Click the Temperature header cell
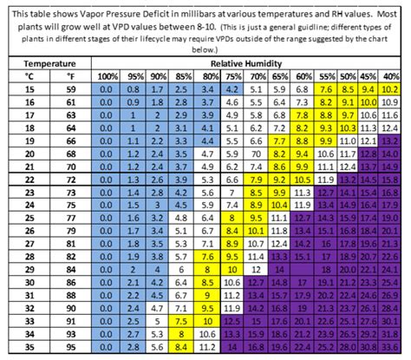[x=49, y=64]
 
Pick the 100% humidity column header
[x=108, y=76]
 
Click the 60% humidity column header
[x=303, y=76]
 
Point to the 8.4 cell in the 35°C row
[x=206, y=346]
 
